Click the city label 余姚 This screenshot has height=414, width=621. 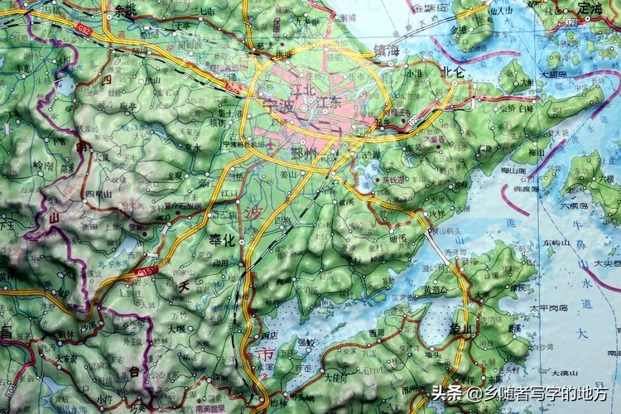(125, 11)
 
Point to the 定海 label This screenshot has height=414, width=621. (590, 7)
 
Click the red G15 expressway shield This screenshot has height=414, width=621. (147, 270)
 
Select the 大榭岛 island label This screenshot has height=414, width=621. (552, 75)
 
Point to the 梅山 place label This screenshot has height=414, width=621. (536, 152)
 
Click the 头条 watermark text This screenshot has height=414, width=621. (447, 393)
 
